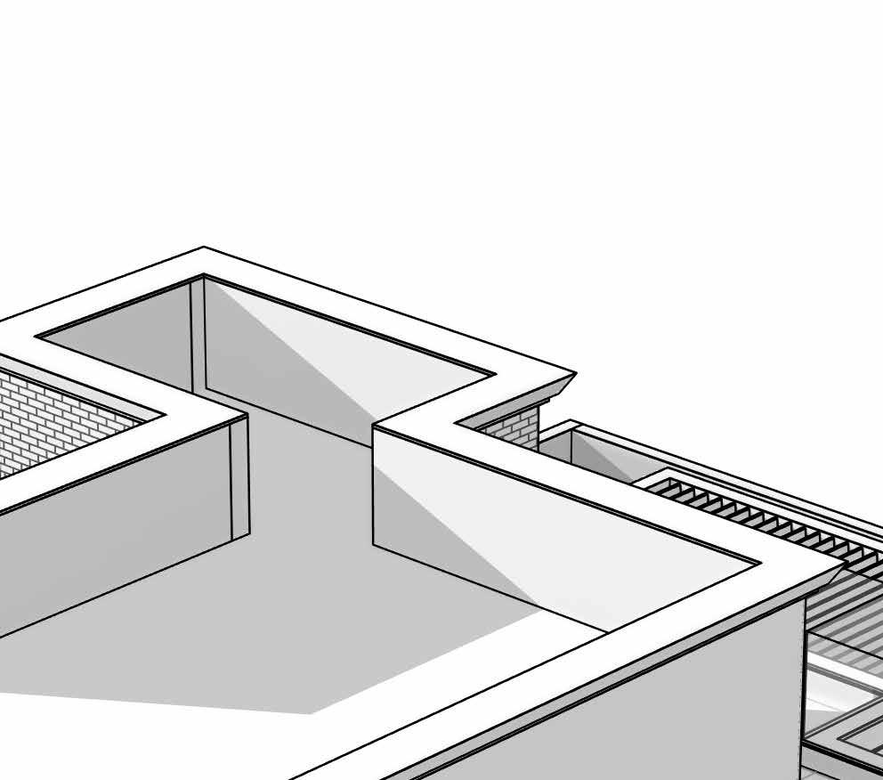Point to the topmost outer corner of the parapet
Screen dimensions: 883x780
(204, 248)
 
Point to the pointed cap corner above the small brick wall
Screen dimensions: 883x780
(574, 375)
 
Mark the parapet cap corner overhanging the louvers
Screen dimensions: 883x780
(840, 566)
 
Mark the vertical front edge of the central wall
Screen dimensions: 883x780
(373, 485)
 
